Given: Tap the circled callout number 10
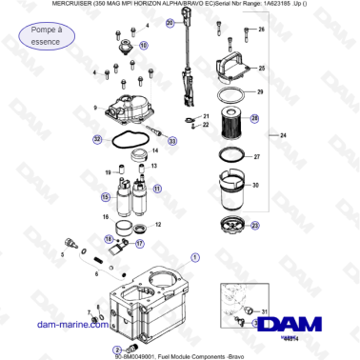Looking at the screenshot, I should click(x=144, y=45).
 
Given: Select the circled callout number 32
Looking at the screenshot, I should click(x=97, y=139).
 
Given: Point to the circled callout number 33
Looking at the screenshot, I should click(x=171, y=141).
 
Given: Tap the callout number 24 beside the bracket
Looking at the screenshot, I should click(x=283, y=137).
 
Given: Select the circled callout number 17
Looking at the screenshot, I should click(x=139, y=244).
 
